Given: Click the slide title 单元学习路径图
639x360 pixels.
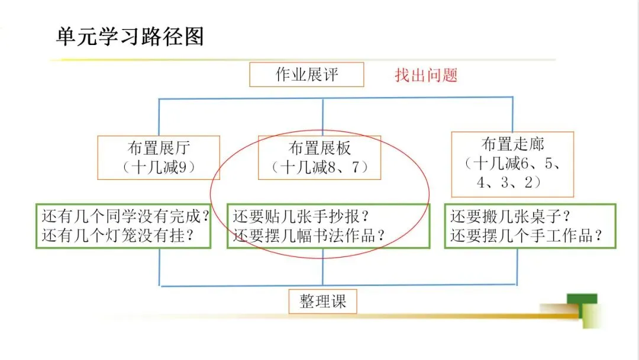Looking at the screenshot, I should point(130,37).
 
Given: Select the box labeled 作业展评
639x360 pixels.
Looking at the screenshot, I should point(306,75).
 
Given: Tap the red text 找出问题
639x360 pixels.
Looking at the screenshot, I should point(426,75).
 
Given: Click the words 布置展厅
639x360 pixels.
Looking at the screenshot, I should point(159,147).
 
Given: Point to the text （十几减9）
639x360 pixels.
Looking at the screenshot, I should point(159,168).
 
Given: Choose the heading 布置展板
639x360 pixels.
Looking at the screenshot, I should point(319,147).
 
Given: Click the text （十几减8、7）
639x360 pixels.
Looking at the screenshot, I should point(319,168).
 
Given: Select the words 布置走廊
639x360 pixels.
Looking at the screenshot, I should point(512,144).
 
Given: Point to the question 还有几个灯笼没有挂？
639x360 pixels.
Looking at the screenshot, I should point(118,236).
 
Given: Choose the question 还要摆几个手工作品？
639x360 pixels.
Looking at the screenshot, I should point(527,236).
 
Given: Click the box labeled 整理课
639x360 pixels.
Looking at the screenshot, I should point(322,301).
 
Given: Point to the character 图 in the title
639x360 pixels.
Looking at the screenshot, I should point(194,37).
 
